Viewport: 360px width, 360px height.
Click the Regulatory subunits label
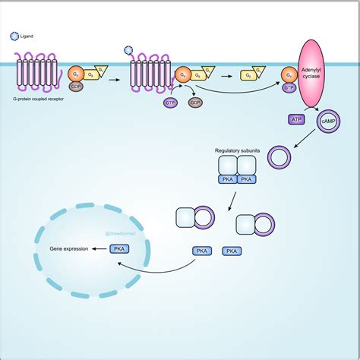(x=238, y=151)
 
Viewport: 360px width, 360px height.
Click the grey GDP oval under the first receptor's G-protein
(x=76, y=86)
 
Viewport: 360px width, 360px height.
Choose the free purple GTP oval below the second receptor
(x=170, y=102)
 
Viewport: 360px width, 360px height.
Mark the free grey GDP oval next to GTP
(x=194, y=102)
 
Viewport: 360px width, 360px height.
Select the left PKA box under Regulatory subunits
(x=227, y=179)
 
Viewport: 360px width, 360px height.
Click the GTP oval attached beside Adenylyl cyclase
(x=289, y=87)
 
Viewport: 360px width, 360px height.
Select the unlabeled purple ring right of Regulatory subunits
(x=280, y=158)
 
